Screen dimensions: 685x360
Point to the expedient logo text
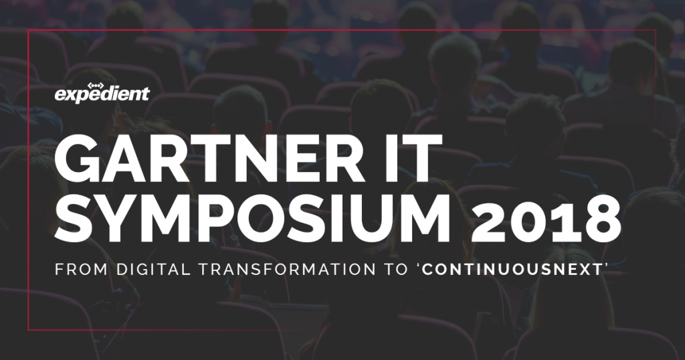tap(102, 94)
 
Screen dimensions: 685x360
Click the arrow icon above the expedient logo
tap(96, 86)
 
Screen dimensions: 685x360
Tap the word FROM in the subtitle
tap(81, 269)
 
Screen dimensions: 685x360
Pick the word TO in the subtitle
tap(396, 269)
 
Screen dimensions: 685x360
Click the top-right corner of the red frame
tap(656, 30)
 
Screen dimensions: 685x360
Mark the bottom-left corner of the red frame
tap(28, 330)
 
